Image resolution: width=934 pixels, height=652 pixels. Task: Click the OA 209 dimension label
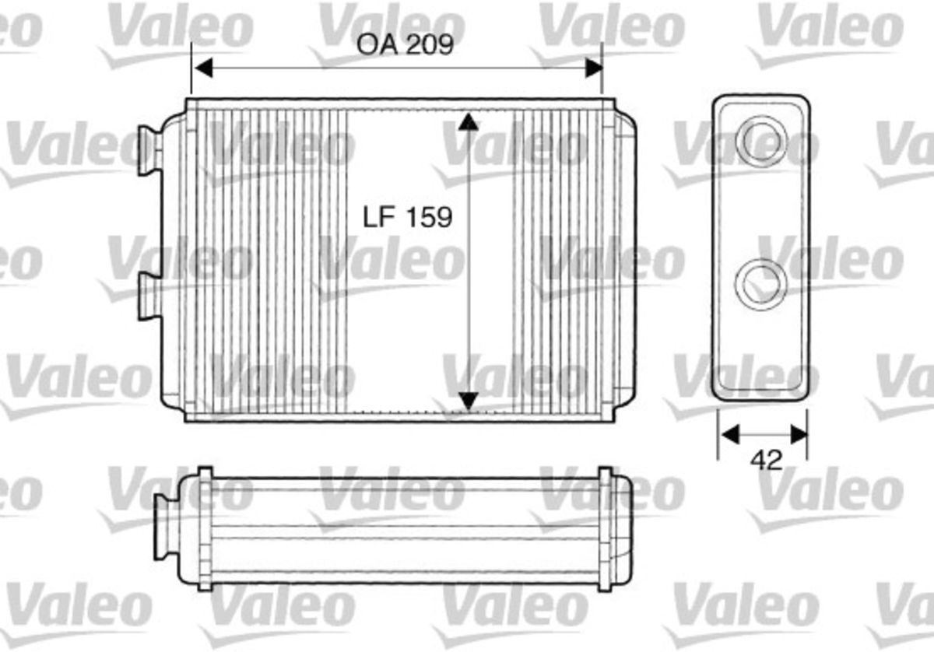coord(405,44)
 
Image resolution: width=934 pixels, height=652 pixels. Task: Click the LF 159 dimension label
coord(407,217)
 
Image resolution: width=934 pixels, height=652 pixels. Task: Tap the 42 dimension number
coord(767,461)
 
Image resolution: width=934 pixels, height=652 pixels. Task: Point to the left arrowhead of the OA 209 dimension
coord(204,68)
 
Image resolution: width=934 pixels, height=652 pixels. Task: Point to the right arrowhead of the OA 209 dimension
coord(594,68)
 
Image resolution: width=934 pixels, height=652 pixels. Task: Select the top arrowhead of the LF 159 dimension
coord(469,121)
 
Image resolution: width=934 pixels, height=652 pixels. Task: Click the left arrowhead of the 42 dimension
coord(730,434)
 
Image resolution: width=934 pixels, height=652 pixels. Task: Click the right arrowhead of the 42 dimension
coord(799,434)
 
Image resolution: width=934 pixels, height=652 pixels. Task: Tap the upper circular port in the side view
coord(761,141)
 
